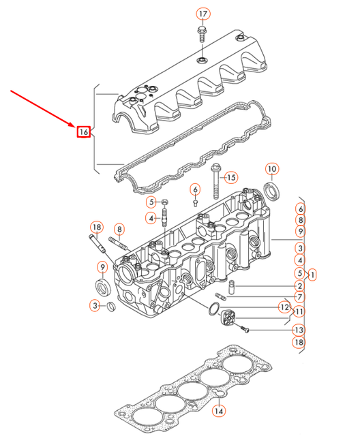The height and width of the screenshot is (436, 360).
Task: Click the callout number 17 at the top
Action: coord(202,14)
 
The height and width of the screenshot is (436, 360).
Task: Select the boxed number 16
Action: coord(83,131)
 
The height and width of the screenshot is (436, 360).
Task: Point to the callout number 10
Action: coord(271,169)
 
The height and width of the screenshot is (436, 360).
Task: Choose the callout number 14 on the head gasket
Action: coord(217,411)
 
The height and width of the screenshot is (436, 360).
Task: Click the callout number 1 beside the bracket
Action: coord(313,275)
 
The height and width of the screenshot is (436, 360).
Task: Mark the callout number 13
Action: coord(299,329)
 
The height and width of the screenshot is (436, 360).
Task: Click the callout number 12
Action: coord(284,308)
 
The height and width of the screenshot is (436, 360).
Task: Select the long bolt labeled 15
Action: coord(215,178)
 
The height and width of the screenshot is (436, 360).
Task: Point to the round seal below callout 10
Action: coord(271,191)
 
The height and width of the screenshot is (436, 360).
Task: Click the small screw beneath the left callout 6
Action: coord(195,201)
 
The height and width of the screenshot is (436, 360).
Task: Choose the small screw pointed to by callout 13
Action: coord(247,330)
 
